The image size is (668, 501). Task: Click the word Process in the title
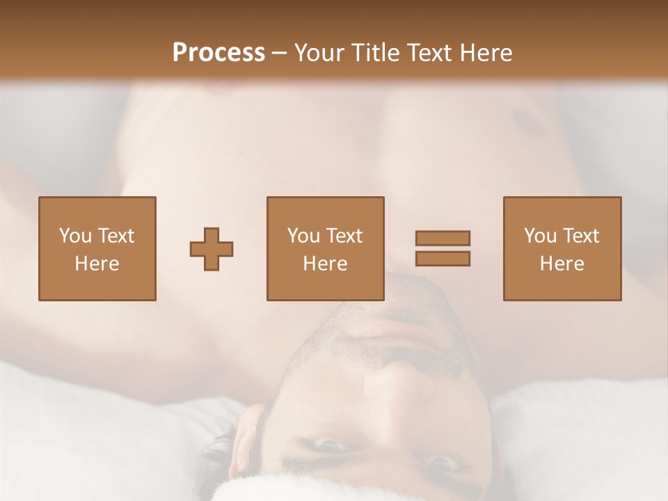pos(218,53)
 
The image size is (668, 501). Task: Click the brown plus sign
pos(212,249)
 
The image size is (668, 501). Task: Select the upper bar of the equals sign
pos(443,238)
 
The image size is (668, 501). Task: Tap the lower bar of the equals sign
pos(443,258)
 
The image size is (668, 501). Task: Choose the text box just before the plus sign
pos(97,248)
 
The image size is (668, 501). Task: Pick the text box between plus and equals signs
pos(325,248)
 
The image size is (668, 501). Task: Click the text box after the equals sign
pos(562,248)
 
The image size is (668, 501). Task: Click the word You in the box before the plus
pos(75,236)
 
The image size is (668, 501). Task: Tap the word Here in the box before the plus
pos(97,264)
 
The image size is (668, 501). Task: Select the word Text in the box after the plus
pos(344,236)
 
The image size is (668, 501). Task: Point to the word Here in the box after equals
pos(562,264)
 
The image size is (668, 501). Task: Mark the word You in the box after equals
pos(540,236)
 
